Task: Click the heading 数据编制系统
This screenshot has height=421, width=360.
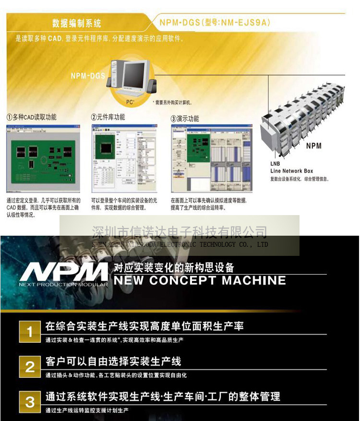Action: pos(77,23)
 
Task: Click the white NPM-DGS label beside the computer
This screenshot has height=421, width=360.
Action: pos(88,75)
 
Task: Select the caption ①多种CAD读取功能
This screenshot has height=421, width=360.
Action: pos(31,117)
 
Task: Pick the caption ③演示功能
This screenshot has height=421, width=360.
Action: pos(185,118)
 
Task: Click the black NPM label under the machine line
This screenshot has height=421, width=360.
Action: pos(313,145)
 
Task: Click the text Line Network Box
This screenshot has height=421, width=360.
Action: pos(291,171)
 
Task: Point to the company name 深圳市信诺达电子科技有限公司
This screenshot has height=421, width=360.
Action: pos(179,233)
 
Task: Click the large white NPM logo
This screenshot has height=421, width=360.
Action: pos(63,272)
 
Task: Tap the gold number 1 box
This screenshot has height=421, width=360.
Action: pos(30,332)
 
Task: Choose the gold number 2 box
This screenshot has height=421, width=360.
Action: pos(30,367)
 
